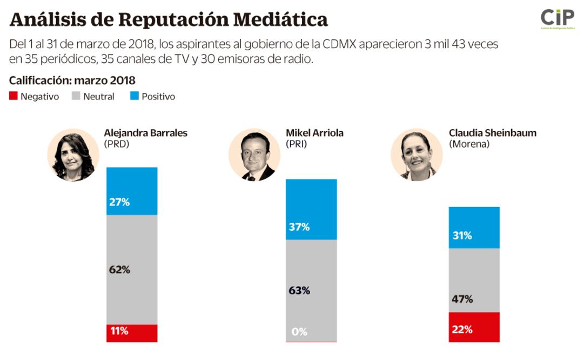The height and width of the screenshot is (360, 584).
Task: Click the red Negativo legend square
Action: (14, 96)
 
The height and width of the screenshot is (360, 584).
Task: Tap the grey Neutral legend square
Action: (76, 96)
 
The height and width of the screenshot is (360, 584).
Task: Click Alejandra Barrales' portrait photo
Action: (73, 155)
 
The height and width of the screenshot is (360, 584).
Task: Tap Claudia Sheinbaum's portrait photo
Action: (417, 155)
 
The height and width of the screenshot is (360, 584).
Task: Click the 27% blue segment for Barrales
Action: (132, 191)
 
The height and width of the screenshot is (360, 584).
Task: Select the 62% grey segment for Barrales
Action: (132, 270)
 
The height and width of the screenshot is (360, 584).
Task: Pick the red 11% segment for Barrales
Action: (132, 333)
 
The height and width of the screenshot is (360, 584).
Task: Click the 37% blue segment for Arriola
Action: (311, 209)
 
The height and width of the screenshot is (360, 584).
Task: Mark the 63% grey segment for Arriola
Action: (311, 290)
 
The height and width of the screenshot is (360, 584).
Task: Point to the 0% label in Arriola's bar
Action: (299, 332)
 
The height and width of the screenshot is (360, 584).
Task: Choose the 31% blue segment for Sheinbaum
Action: (474, 228)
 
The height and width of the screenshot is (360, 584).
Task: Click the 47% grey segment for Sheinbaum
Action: (474, 280)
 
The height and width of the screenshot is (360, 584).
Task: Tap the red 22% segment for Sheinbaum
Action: (474, 327)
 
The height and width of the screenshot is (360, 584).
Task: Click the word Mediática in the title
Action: (280, 19)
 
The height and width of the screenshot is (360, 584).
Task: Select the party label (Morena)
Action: (469, 144)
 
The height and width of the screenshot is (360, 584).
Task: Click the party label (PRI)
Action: (297, 144)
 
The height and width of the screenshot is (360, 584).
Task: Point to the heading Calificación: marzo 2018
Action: (72, 81)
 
